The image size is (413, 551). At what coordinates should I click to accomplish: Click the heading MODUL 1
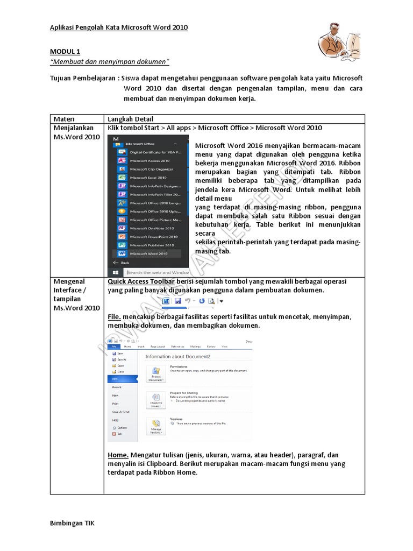[x=65, y=52]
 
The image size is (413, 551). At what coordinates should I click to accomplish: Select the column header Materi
[x=64, y=119]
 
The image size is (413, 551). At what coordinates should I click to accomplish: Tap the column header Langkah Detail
[x=130, y=119]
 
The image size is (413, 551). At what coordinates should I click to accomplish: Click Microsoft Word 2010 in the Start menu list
[x=149, y=253]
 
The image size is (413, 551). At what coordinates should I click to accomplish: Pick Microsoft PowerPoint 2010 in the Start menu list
[x=153, y=237]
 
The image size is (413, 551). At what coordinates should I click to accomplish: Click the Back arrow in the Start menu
[x=122, y=263]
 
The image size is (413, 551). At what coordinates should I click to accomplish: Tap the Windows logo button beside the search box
[x=115, y=273]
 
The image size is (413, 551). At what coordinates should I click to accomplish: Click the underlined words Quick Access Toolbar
[x=141, y=281]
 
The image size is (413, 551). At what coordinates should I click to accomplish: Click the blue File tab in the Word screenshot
[x=113, y=347]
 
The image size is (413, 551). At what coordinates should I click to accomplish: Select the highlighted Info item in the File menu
[x=123, y=379]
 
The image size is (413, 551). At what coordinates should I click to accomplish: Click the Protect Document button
[x=155, y=374]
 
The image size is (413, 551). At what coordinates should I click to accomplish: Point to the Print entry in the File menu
[x=116, y=403]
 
